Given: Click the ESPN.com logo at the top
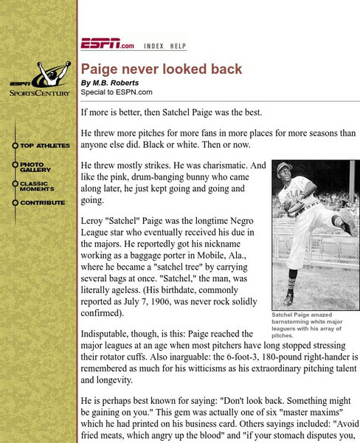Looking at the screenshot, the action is pos(108,45).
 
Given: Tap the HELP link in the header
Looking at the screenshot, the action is pos(178,46).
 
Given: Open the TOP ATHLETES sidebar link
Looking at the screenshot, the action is pos(44,145).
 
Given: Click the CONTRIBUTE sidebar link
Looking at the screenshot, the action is pos(42,202).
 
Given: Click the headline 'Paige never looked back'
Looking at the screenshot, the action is pos(162,69).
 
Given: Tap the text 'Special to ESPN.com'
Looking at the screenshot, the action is pos(117,92).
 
